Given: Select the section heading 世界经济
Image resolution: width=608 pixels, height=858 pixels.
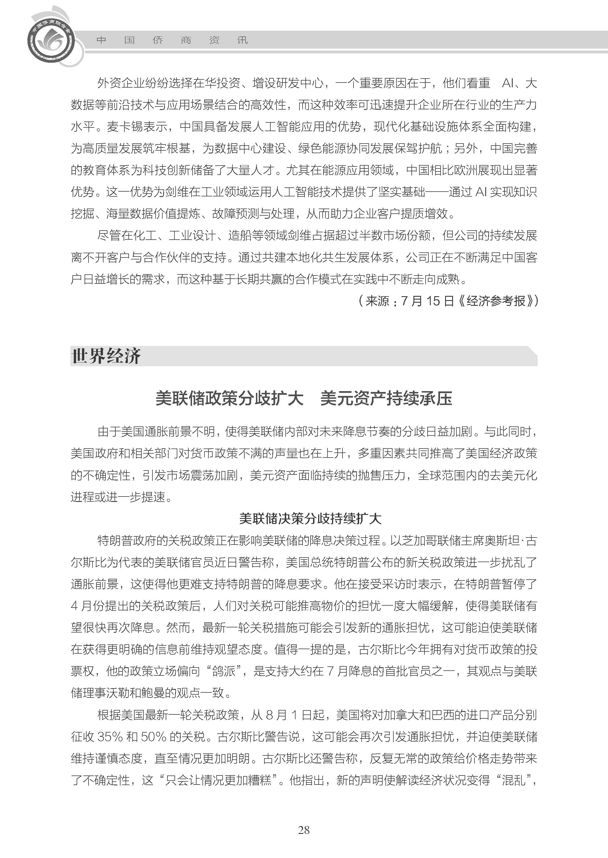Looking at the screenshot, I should pyautogui.click(x=106, y=356).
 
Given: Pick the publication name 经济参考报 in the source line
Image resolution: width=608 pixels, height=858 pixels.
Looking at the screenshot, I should pyautogui.click(x=496, y=301).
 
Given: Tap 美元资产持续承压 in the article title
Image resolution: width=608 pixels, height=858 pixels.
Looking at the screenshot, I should pyautogui.click(x=386, y=398).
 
